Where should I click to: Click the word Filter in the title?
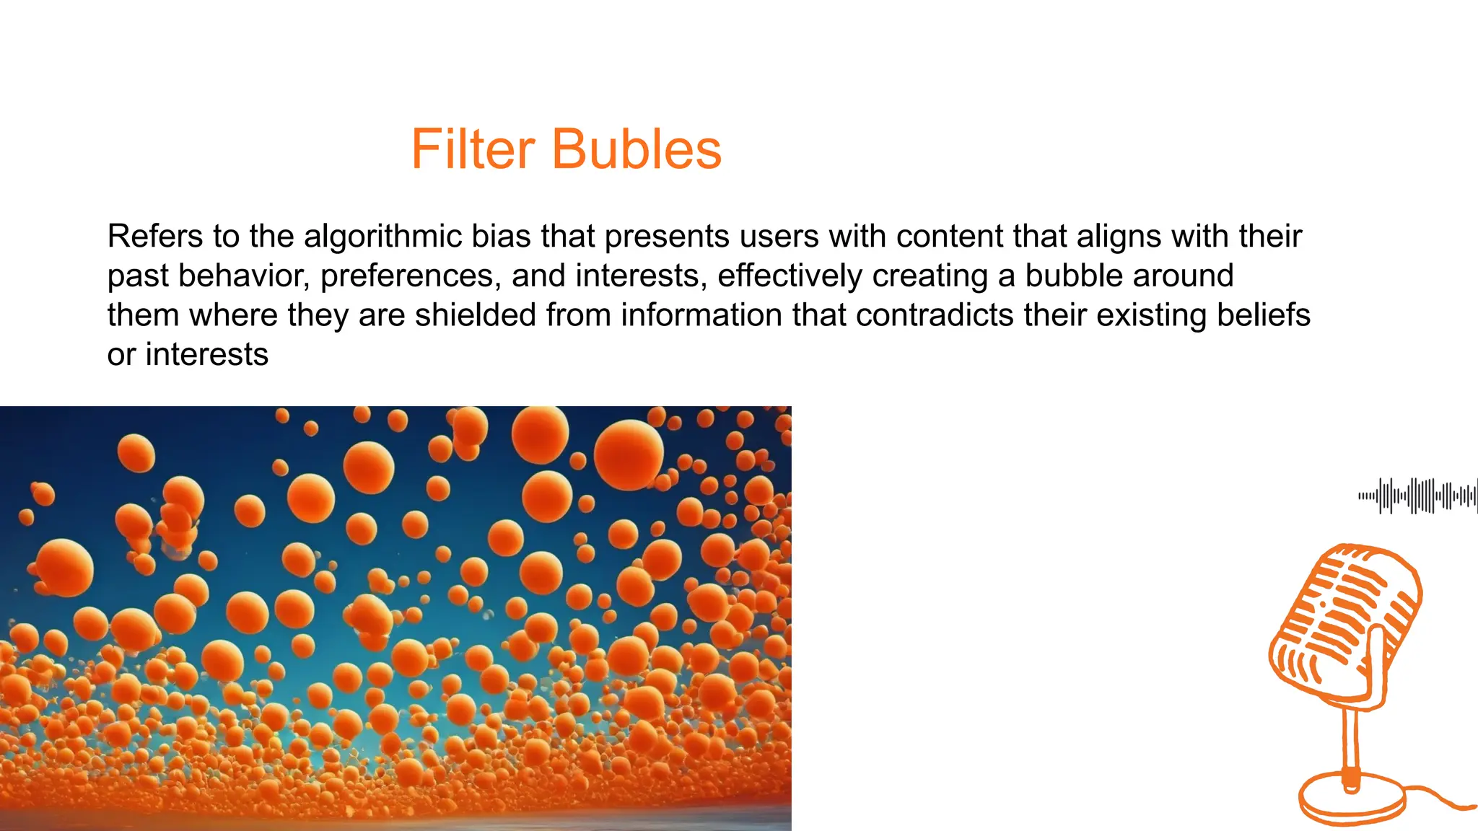coord(473,149)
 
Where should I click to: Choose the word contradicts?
coord(932,315)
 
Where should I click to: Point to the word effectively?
coord(790,276)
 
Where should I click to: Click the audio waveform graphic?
coord(1417,496)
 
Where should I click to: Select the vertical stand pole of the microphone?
coord(1351,743)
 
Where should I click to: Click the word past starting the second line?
coord(138,276)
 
